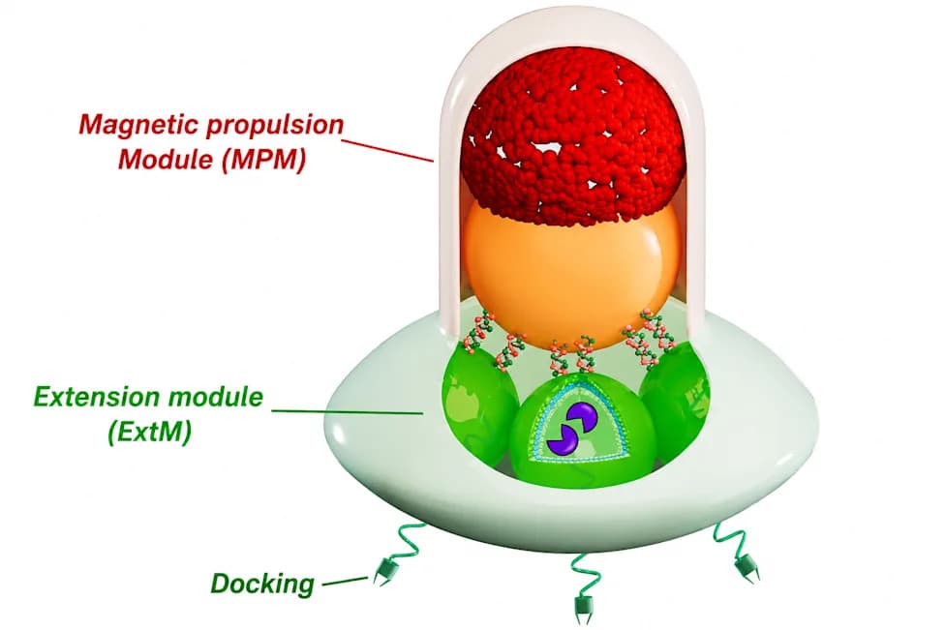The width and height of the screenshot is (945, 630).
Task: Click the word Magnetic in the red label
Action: pyautogui.click(x=138, y=125)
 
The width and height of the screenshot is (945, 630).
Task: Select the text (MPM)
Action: pyautogui.click(x=263, y=160)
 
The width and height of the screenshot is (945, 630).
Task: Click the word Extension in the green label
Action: pyautogui.click(x=98, y=398)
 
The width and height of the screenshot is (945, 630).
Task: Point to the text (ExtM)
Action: pyautogui.click(x=149, y=432)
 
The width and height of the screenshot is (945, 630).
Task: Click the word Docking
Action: pyautogui.click(x=262, y=585)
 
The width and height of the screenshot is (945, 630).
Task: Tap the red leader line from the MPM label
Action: pyautogui.click(x=388, y=151)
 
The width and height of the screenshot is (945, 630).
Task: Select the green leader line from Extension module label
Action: pyautogui.click(x=347, y=412)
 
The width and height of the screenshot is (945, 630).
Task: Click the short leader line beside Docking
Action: pyautogui.click(x=345, y=582)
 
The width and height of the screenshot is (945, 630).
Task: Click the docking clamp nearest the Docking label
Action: pyautogui.click(x=382, y=571)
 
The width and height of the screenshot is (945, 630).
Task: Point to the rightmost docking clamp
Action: pyautogui.click(x=747, y=566)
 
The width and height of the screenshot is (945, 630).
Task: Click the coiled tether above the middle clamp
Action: pyautogui.click(x=582, y=572)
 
